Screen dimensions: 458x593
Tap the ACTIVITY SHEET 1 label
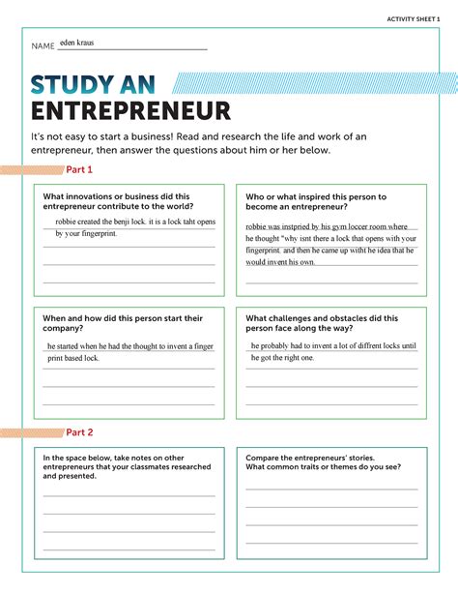(x=413, y=19)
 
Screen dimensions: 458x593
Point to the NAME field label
(x=43, y=46)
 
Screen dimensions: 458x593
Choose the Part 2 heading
(x=79, y=431)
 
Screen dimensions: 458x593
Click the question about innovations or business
(x=116, y=201)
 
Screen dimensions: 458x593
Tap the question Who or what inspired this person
(x=316, y=201)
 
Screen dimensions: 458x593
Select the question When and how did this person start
(x=122, y=322)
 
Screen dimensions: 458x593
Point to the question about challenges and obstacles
(x=322, y=322)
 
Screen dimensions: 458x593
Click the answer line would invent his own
(x=281, y=261)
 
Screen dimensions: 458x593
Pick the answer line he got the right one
(x=282, y=357)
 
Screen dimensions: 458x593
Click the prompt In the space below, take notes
(x=127, y=466)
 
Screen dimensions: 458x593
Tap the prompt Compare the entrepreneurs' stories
(x=322, y=461)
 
